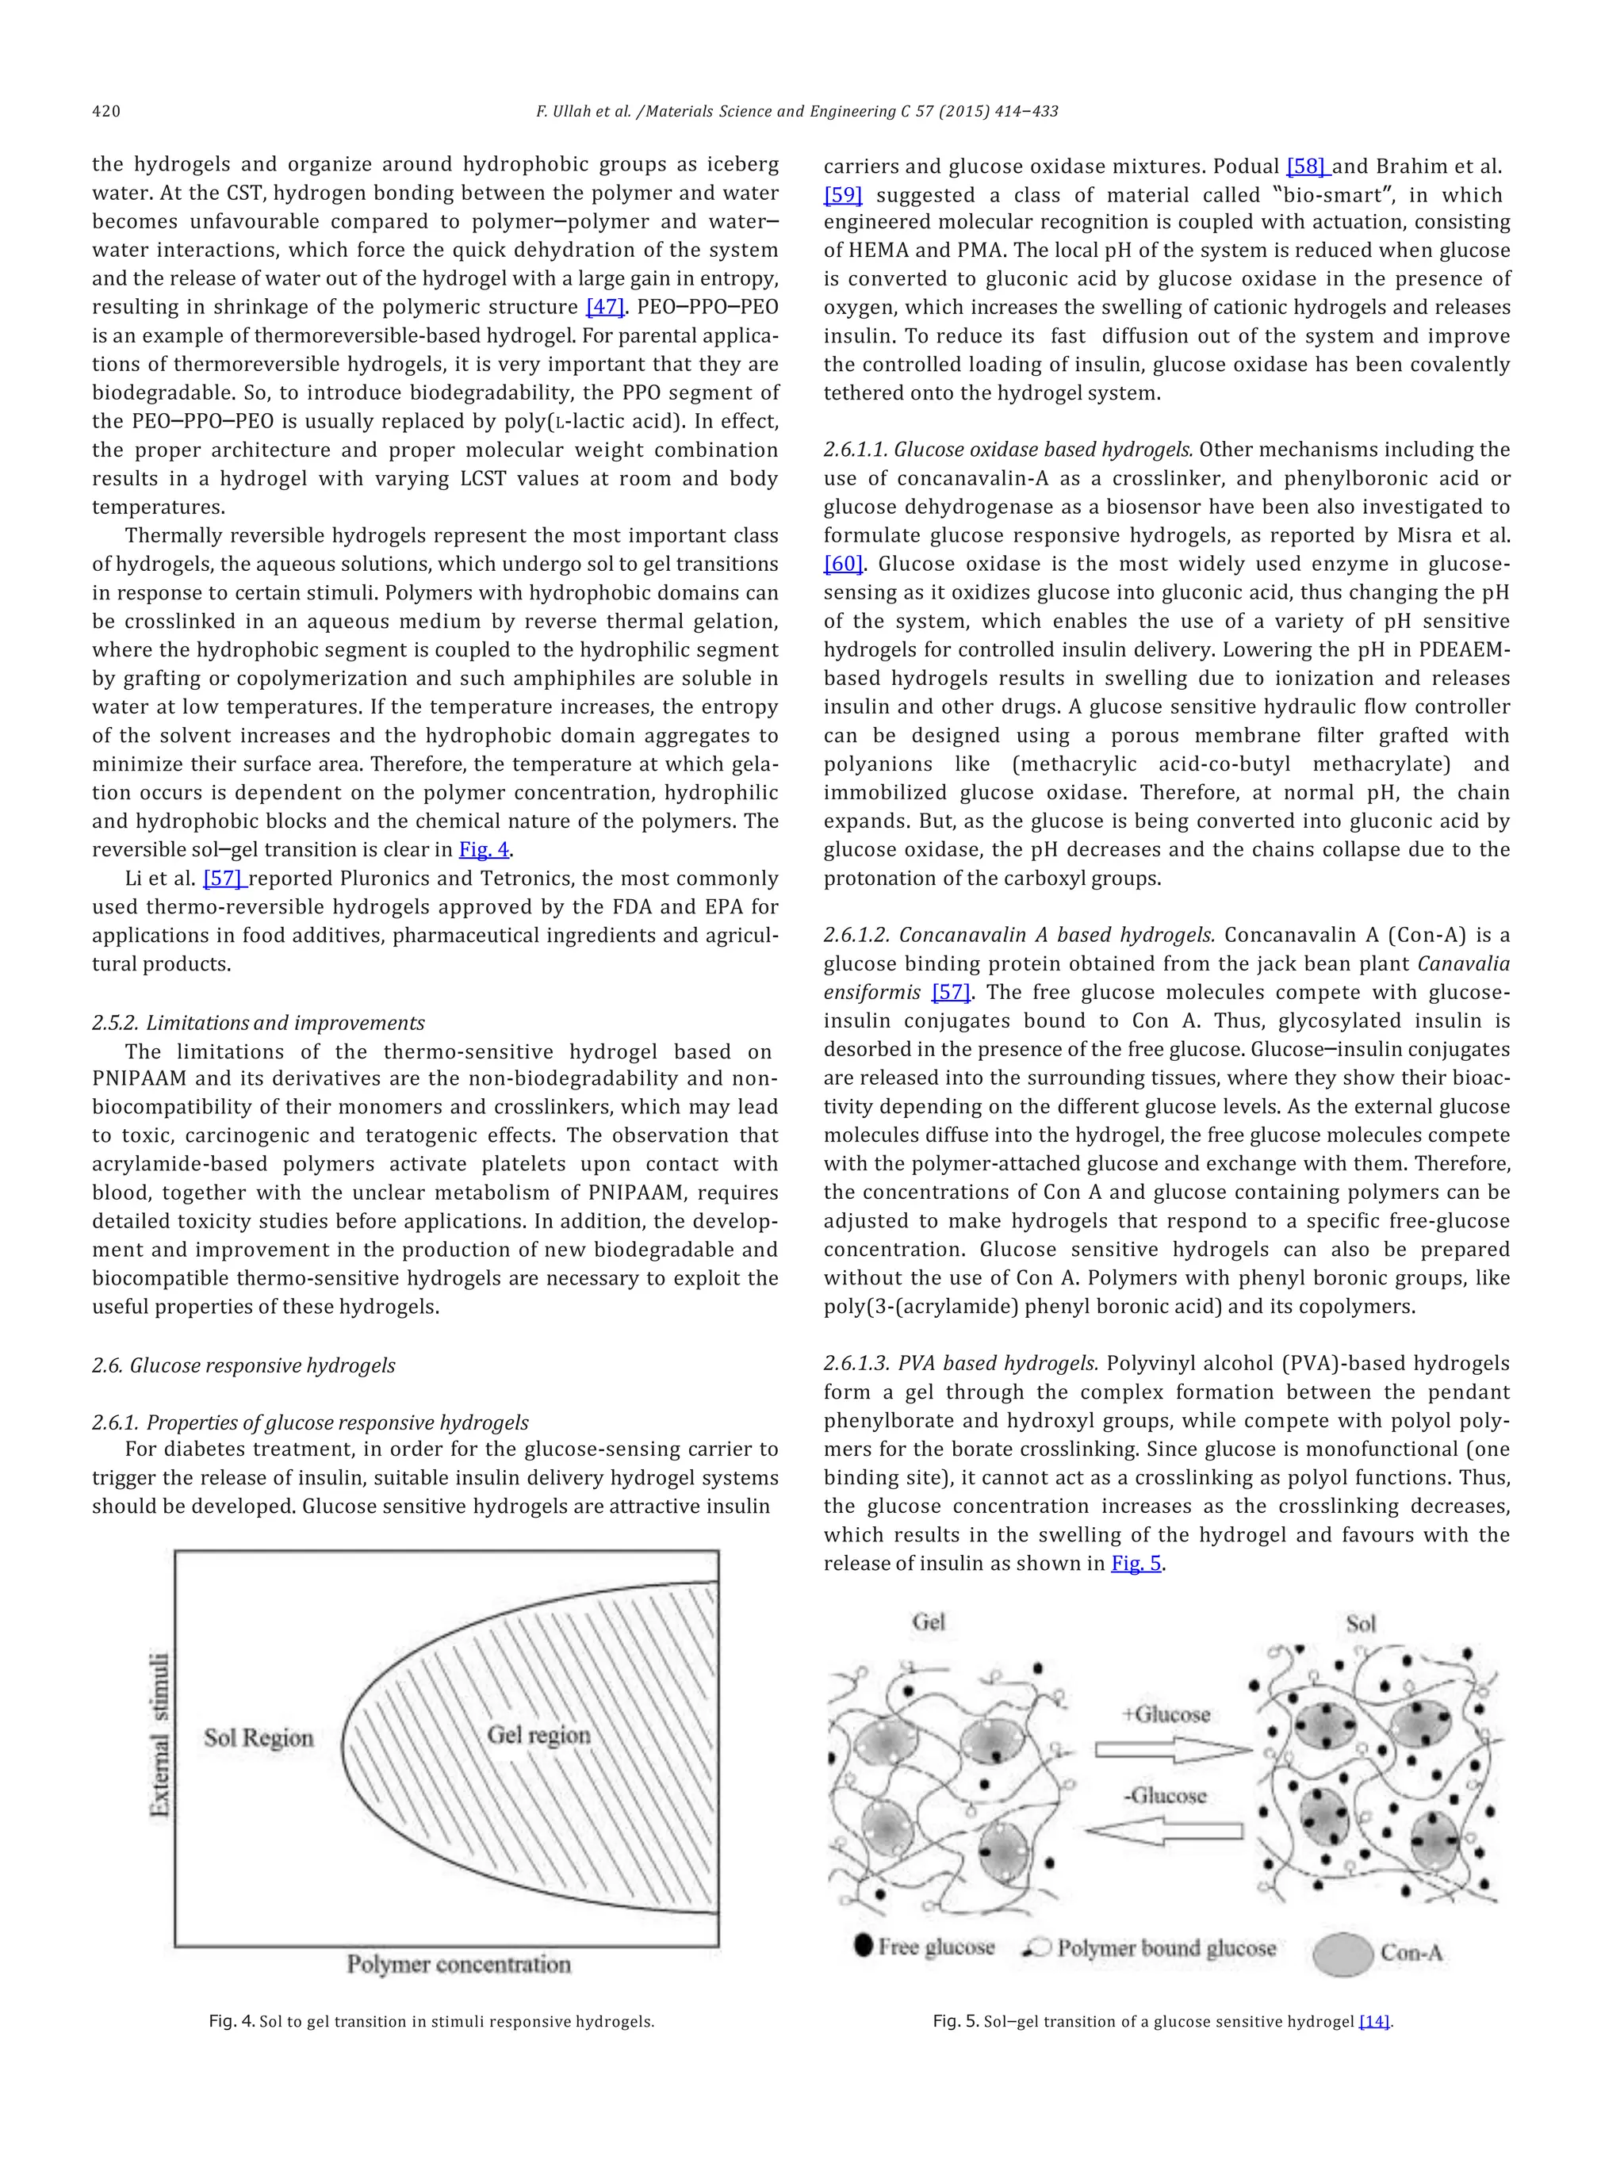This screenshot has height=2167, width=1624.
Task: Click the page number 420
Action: click(105, 112)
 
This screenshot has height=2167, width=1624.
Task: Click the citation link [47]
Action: click(604, 307)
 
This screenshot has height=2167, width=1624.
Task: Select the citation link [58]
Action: click(1307, 166)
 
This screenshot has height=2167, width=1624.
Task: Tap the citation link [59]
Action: click(842, 194)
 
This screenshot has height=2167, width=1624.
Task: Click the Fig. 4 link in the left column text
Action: click(484, 849)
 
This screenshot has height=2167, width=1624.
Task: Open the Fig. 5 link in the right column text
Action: click(1136, 1563)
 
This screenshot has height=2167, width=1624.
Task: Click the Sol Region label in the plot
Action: click(259, 1738)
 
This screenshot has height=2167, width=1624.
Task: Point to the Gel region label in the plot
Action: click(538, 1734)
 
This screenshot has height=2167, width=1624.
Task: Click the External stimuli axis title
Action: click(159, 1734)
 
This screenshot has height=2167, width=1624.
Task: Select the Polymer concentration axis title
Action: click(458, 1964)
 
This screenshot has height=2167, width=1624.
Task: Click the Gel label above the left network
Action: click(928, 1621)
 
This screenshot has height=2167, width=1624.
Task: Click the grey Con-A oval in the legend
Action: click(1342, 1955)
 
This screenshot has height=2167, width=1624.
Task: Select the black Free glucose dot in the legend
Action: click(863, 1946)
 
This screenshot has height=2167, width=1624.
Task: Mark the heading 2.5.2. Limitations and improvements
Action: click(259, 1023)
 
